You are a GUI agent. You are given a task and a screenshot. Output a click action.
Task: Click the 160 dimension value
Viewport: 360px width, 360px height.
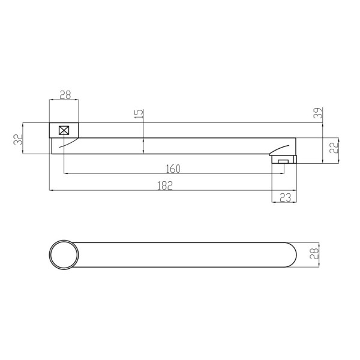173,169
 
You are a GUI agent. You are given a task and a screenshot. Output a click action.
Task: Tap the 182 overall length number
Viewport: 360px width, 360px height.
165,185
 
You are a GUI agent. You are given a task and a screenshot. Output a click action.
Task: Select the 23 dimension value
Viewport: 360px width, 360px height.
286,197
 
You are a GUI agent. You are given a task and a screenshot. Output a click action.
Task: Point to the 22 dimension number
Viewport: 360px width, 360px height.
334,147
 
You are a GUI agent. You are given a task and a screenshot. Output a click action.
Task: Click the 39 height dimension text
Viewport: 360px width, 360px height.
319,113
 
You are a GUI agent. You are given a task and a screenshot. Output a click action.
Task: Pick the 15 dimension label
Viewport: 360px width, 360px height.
139,114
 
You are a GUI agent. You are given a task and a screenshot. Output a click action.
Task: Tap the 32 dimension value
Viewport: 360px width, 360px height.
19,139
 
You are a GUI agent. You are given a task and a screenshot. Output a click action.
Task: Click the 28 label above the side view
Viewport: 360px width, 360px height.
65,95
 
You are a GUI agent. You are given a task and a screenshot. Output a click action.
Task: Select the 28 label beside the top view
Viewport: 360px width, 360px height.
314,253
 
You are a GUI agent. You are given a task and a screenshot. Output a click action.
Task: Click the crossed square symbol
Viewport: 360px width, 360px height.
64,130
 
